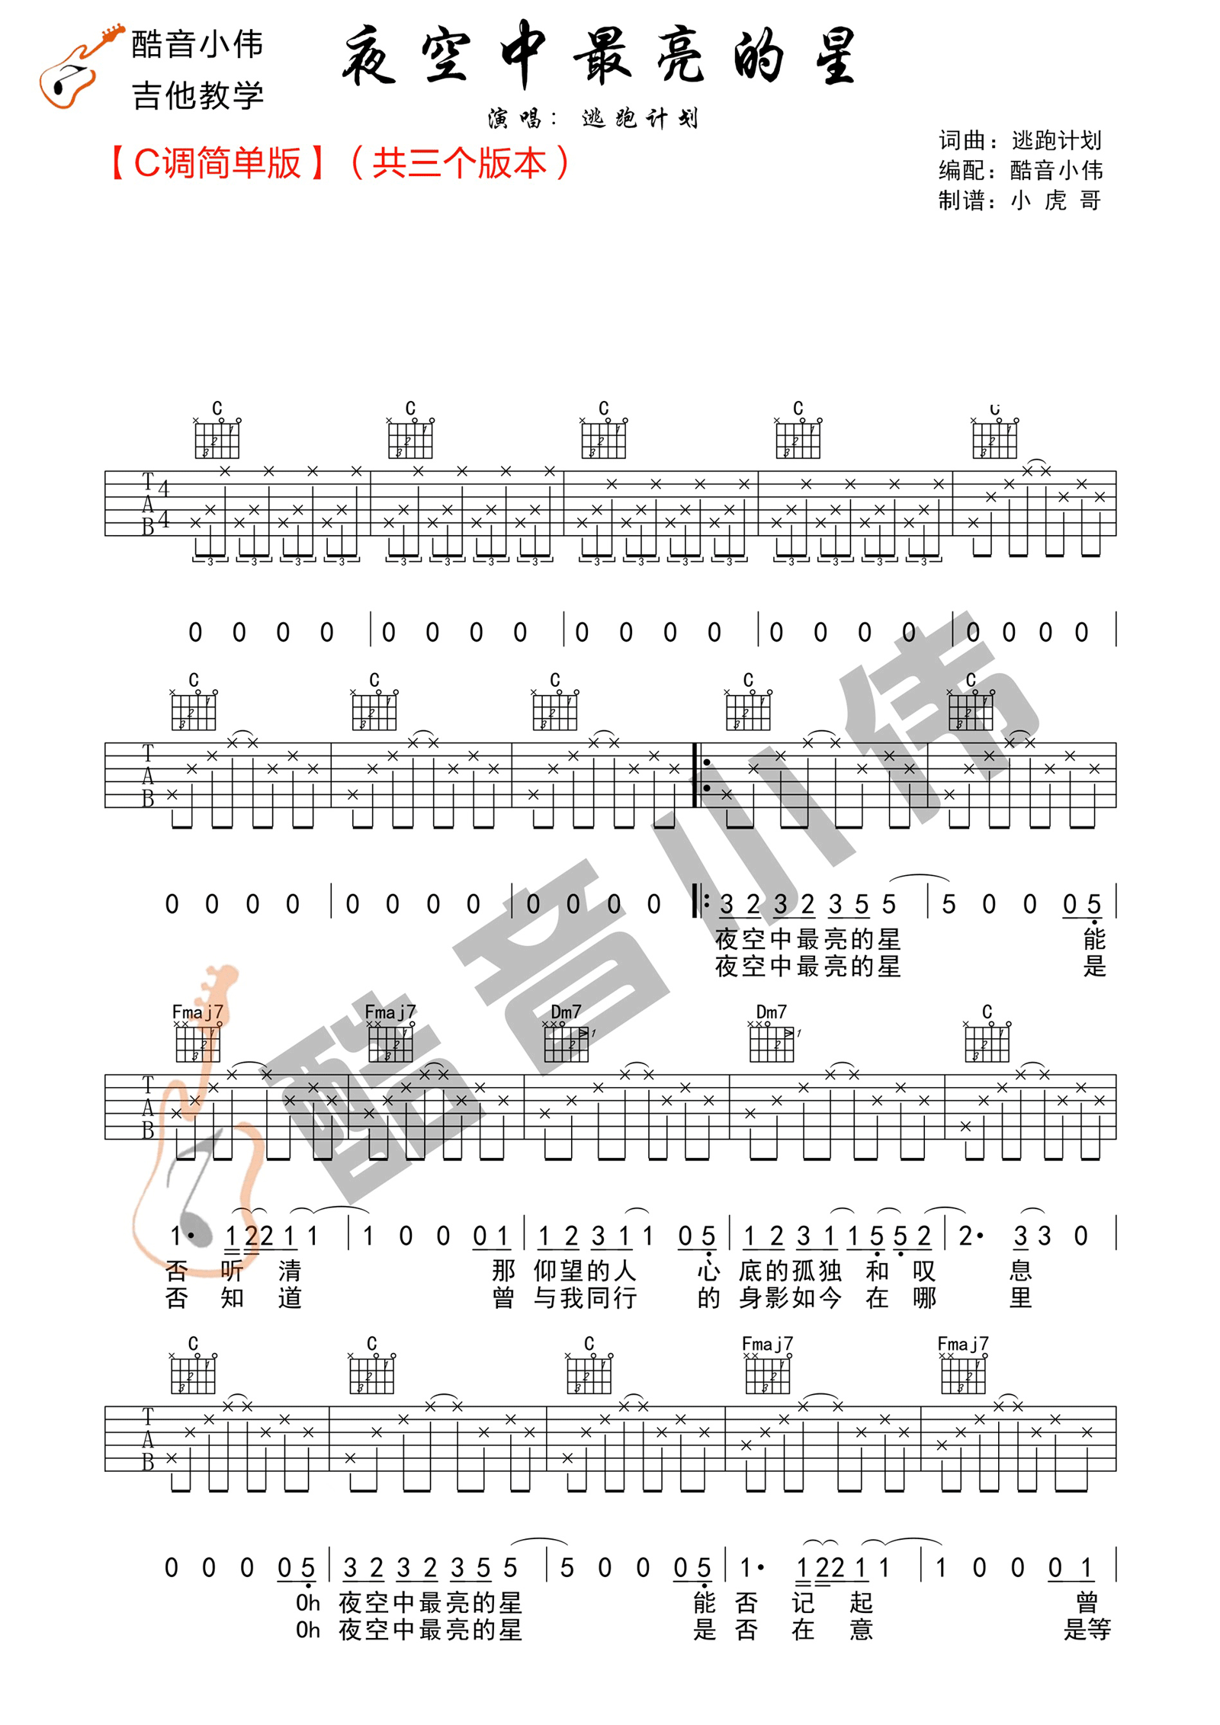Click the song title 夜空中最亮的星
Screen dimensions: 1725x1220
pos(601,55)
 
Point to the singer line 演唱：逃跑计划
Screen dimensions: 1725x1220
pos(592,118)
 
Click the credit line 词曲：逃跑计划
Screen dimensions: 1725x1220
pos(1019,140)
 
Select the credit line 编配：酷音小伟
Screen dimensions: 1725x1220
pos(1019,170)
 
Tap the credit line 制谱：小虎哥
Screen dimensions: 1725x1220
pos(1019,200)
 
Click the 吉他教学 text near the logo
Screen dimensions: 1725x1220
pos(197,96)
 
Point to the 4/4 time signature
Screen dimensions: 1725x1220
pos(163,503)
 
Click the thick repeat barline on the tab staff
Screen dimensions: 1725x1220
pos(695,774)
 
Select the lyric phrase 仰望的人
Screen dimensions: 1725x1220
pos(584,1271)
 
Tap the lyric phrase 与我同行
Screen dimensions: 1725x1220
pos(584,1298)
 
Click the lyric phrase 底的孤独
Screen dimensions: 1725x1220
pos(789,1271)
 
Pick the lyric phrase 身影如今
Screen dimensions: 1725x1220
pos(789,1298)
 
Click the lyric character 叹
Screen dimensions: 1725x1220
pos(923,1271)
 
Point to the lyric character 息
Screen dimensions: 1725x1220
pos(1020,1271)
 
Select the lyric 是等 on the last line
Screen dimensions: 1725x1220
pos(1087,1630)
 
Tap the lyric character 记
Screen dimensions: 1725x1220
pos(803,1602)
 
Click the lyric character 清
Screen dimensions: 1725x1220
pos(289,1271)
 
